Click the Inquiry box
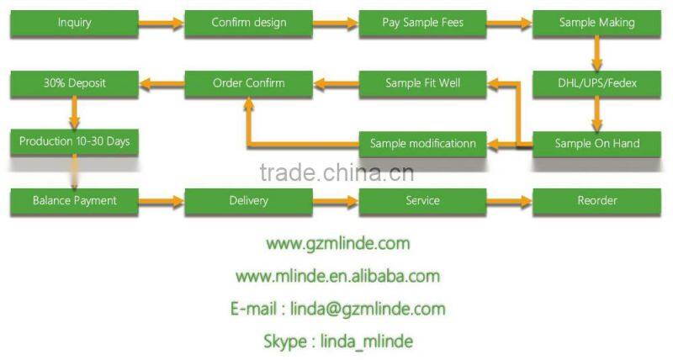pos(74,24)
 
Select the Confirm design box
pos(248,24)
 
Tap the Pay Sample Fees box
pos(422,24)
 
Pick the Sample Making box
pos(596,24)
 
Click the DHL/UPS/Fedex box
pos(596,84)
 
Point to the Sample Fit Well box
pos(422,84)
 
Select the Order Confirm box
pos(248,84)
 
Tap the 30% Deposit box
pos(74,84)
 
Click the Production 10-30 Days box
pos(74,142)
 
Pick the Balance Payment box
pos(74,201)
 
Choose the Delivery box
pos(248,201)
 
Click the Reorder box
pos(596,201)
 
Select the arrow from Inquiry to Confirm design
pos(162,24)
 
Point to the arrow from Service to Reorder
pos(510,201)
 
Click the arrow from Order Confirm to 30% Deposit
pos(162,83)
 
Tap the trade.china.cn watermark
pos(337,172)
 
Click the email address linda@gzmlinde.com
pos(368,309)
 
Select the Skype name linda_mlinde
pos(367,341)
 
